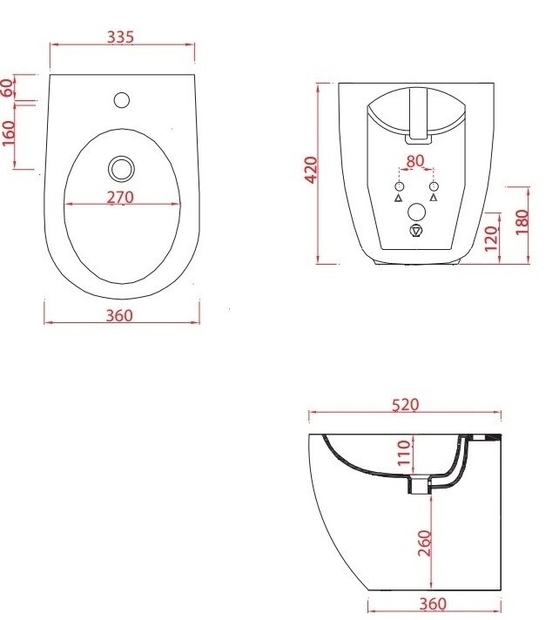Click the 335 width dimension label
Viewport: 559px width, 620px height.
[121, 37]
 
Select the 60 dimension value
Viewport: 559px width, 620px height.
[7, 87]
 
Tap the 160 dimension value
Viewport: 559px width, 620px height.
[9, 133]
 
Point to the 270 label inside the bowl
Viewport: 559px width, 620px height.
[120, 197]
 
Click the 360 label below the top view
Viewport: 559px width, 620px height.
[120, 315]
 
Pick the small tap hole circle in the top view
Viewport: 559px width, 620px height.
[122, 99]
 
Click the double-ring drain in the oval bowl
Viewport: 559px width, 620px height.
[121, 169]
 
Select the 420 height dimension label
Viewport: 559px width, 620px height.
[312, 170]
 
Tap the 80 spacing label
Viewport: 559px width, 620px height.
[415, 161]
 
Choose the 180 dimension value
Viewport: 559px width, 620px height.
[522, 222]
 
